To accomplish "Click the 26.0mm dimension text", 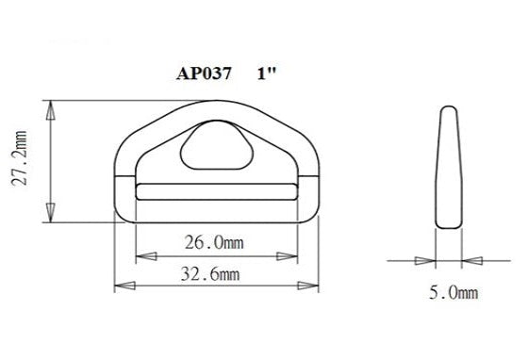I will pos(213,242).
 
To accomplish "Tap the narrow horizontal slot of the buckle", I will pos(214,192).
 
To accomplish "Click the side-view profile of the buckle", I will pos(450,166).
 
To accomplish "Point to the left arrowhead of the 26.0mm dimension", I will pos(142,255).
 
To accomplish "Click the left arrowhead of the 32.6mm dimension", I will pos(121,284).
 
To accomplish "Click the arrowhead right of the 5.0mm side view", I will pos(471,259).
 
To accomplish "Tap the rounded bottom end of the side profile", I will pos(450,223).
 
